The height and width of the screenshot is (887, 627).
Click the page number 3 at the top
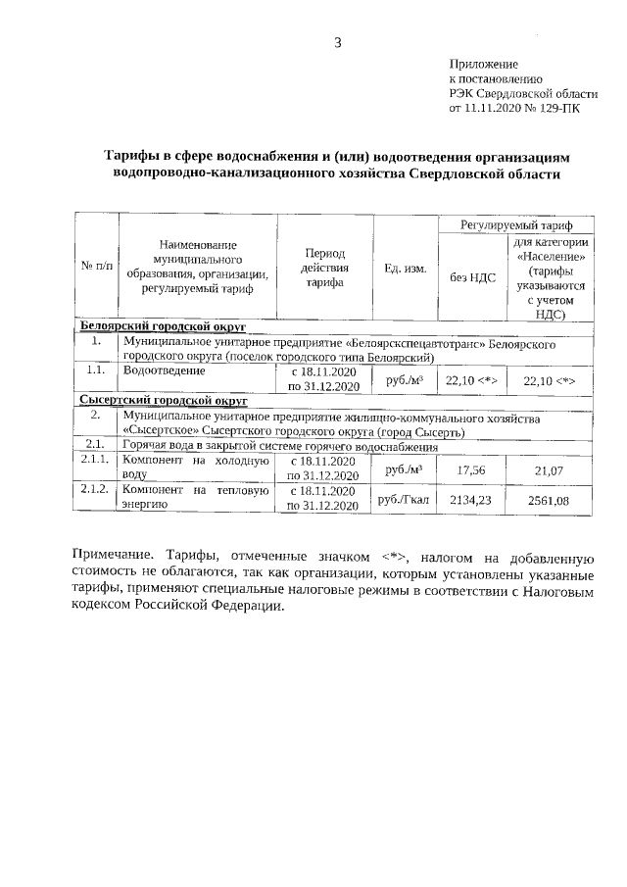(338, 41)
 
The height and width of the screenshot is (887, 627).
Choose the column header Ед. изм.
(405, 267)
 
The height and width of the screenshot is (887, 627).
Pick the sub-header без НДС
(473, 277)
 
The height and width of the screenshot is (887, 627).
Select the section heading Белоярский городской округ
(162, 325)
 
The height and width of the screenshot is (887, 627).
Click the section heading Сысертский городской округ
(162, 401)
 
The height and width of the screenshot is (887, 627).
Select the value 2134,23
(470, 500)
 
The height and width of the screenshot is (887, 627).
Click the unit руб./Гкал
(405, 500)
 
